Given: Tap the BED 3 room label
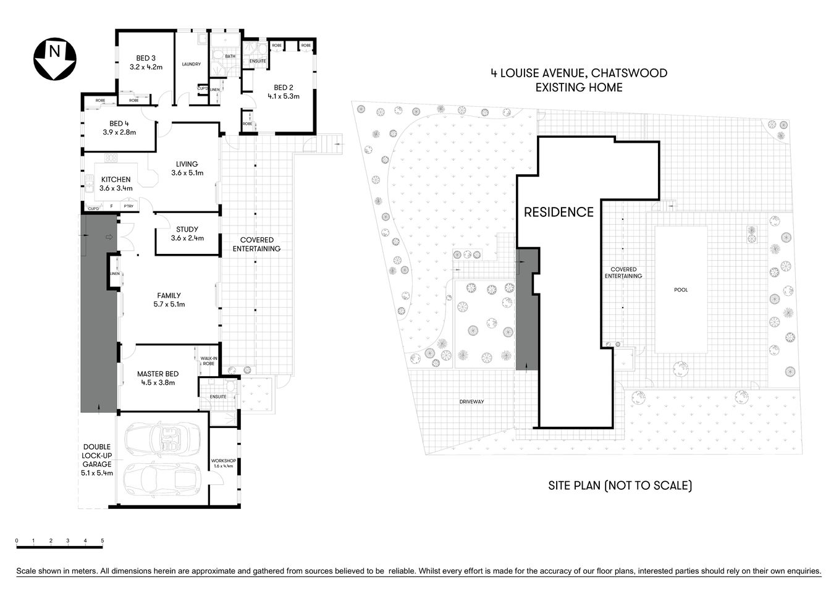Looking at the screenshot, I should click(146, 59).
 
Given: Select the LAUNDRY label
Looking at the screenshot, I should click(192, 64).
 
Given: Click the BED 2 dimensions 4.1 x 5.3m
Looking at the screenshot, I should click(283, 96).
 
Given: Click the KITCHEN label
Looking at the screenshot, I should click(116, 180).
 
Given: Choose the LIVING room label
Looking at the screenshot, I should click(187, 164).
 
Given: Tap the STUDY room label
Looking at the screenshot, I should click(187, 230).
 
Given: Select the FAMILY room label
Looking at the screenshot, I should click(169, 296).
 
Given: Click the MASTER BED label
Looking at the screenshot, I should click(158, 374).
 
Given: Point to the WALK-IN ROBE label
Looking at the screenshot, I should click(208, 361).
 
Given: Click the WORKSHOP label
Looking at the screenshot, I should click(223, 461).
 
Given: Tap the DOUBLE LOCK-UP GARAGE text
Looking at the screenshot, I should click(97, 455).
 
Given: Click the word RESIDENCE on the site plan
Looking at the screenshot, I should click(559, 212).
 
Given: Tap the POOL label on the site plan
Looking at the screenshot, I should click(681, 290).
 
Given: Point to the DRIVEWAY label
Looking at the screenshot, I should click(471, 402).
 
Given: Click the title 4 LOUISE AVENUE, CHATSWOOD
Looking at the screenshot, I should click(579, 73).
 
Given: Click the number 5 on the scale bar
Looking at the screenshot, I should click(103, 540).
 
